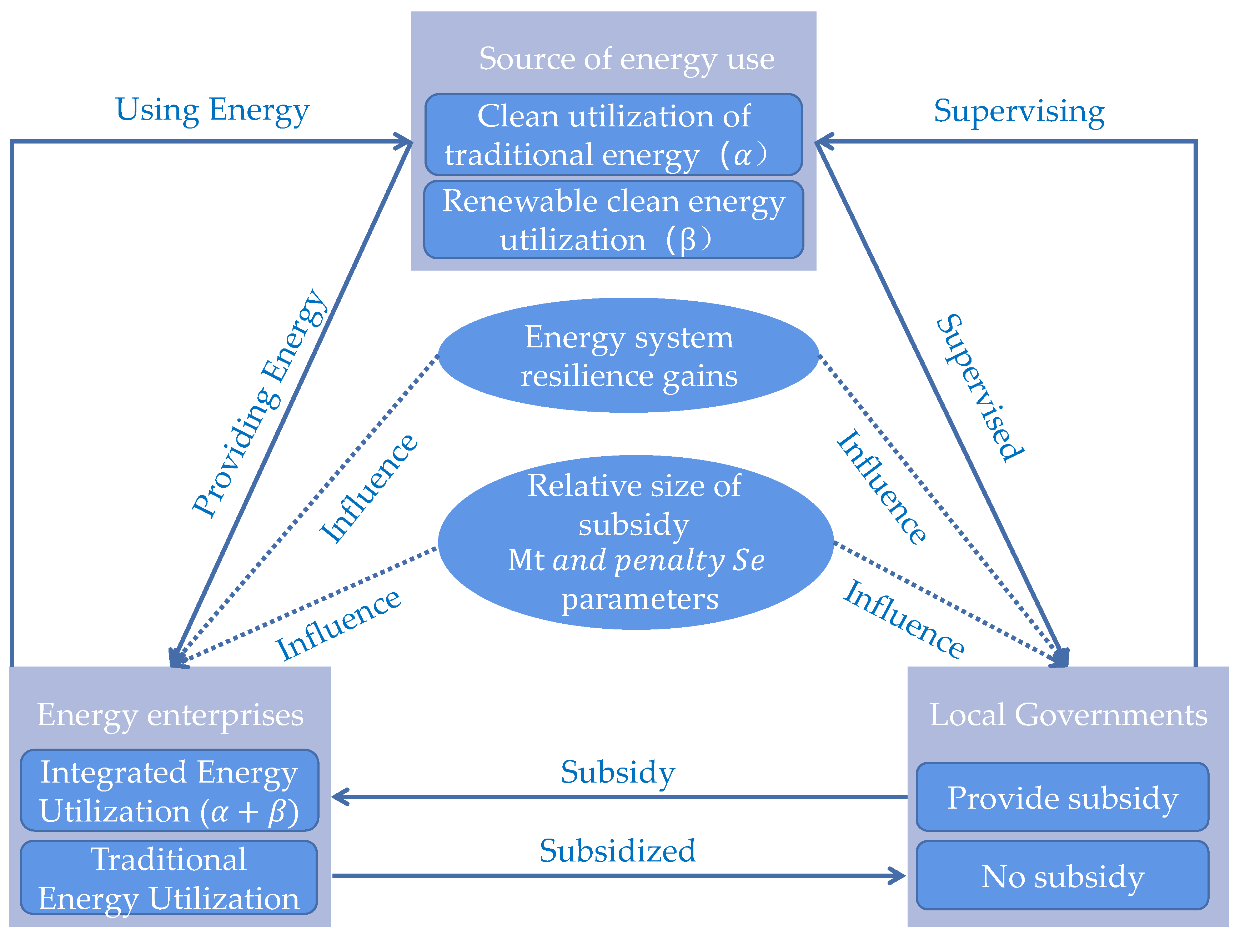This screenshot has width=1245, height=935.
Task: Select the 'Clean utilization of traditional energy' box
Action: tap(613, 135)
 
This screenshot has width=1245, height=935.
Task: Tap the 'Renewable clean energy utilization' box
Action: tap(613, 220)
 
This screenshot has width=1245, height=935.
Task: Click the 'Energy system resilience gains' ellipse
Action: tap(629, 356)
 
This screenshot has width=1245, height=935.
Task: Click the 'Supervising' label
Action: tap(1019, 111)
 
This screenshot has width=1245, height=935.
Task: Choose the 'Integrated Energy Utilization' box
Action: tap(169, 791)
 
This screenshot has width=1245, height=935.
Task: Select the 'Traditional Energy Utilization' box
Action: tap(169, 878)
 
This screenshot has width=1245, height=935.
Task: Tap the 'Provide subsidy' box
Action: tap(1062, 798)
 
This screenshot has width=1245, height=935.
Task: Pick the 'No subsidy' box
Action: tap(1062, 876)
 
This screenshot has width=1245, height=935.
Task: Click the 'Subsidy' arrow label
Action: tap(617, 772)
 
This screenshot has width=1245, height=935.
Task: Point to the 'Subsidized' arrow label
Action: tap(617, 850)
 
